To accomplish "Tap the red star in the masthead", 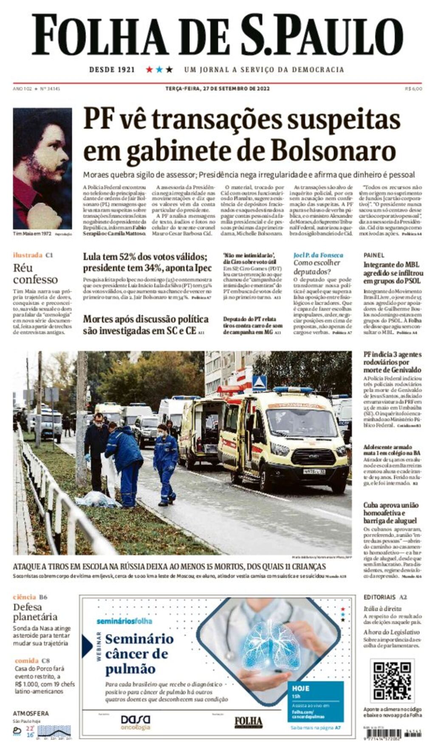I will click(149, 69).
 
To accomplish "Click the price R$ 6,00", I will click(413, 89).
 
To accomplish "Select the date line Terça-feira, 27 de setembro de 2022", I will click(217, 89).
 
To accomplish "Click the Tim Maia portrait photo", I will click(42, 168).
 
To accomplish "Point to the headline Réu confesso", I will click(35, 273).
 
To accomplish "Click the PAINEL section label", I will click(374, 255).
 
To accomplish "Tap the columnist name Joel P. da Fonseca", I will click(318, 255).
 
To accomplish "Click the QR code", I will click(392, 681).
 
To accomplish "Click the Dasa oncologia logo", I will click(135, 721).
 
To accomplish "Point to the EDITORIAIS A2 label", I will click(385, 597).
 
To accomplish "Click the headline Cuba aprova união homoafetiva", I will click(390, 512).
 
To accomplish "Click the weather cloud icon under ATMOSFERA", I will click(17, 731).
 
